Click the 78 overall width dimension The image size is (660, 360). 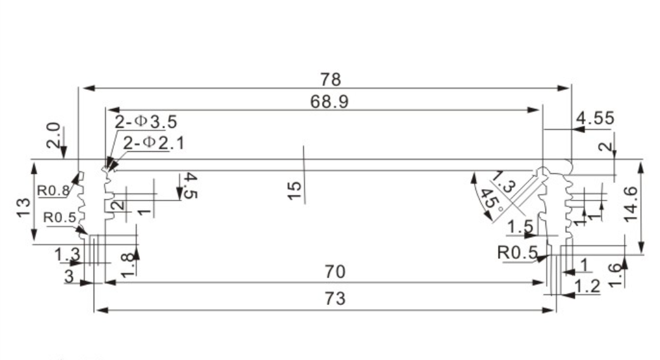coord(330,80)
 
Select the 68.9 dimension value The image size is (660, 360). coord(329,102)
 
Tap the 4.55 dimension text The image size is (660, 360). coord(595,118)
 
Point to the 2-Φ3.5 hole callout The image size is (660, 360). coord(146,122)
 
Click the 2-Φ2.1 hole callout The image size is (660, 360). coord(154,144)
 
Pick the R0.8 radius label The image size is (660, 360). coord(53,189)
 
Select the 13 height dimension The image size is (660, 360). coord(23,207)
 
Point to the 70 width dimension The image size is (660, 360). coord(335,272)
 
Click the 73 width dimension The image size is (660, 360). coord(335,299)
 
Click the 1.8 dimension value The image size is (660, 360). coord(127,263)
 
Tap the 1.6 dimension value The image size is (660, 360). coord(614,274)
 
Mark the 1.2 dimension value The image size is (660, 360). coord(588,287)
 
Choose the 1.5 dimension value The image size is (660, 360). coord(520,227)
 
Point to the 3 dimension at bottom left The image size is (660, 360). coord(69,276)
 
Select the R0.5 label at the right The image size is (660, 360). coord(517,252)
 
